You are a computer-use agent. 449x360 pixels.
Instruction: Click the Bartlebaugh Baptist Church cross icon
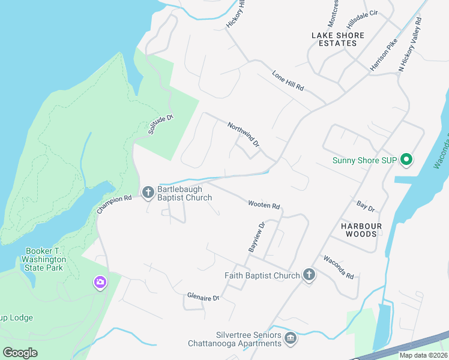148,192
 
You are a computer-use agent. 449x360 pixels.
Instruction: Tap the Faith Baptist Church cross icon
309,275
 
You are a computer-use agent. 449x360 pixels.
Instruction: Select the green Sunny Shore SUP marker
406,160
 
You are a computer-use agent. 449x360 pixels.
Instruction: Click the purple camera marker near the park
100,281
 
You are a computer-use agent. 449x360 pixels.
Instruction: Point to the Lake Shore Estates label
338,39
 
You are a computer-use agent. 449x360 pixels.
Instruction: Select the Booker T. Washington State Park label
46,259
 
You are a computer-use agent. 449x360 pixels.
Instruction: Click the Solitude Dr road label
160,124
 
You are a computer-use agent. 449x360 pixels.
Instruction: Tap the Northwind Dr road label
243,134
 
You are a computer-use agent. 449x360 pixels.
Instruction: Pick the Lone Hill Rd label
288,80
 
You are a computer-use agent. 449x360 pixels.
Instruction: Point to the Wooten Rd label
264,205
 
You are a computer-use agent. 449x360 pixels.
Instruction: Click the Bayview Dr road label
256,237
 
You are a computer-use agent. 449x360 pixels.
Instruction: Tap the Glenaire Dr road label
203,296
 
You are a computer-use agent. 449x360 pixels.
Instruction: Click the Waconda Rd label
339,268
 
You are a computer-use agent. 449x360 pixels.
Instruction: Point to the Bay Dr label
365,207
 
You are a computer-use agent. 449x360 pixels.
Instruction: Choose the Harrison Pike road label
384,55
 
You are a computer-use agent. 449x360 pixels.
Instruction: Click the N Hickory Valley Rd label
411,44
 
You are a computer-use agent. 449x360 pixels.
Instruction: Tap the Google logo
20,352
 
